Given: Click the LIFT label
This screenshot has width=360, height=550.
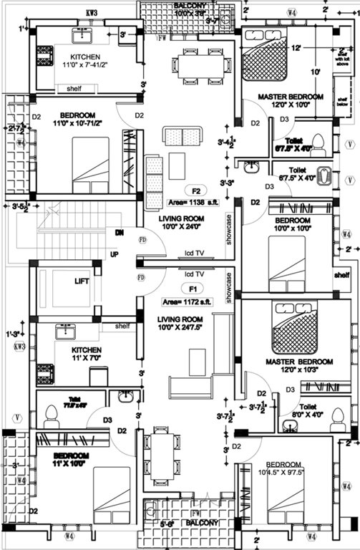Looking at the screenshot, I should pyautogui.click(x=82, y=282).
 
